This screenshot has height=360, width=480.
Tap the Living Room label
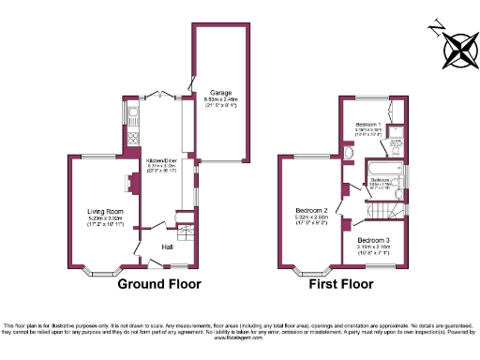(x=106, y=212)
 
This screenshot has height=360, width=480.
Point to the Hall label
(x=167, y=247)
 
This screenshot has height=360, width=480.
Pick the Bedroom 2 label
(x=311, y=208)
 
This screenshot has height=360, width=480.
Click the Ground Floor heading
(x=158, y=284)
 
